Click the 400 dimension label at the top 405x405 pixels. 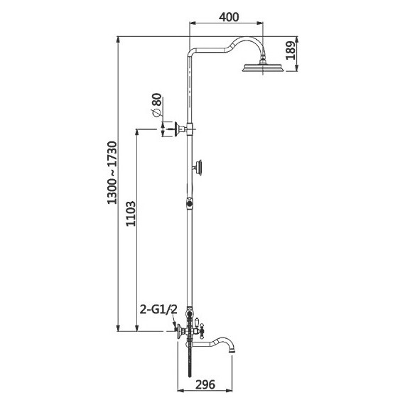[x=229, y=17]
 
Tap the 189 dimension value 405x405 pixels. [x=291, y=50]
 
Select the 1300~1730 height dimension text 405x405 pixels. [x=112, y=173]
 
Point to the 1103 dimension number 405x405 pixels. [x=131, y=214]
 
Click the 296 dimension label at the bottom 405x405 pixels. [x=205, y=384]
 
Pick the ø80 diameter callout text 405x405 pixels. [x=156, y=105]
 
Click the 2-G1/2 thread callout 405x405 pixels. [x=158, y=309]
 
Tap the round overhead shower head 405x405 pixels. [x=263, y=67]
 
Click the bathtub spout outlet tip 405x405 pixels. [x=232, y=351]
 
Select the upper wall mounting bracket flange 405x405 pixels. [x=178, y=129]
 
